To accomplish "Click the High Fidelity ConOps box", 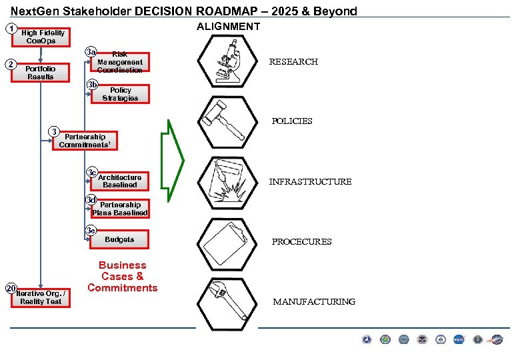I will coord(43,37).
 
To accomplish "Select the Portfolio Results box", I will coord(41,73).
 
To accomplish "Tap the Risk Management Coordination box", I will coord(120,62).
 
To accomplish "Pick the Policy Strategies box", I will coord(121,94).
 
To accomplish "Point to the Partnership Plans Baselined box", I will coord(120,209).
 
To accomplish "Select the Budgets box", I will coord(119,239).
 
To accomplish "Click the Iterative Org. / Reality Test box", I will coord(41,297).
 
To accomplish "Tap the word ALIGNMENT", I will coord(229,26).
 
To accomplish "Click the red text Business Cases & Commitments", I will coord(123,277).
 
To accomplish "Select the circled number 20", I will coord(11,288).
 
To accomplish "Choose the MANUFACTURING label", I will coord(314,302).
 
